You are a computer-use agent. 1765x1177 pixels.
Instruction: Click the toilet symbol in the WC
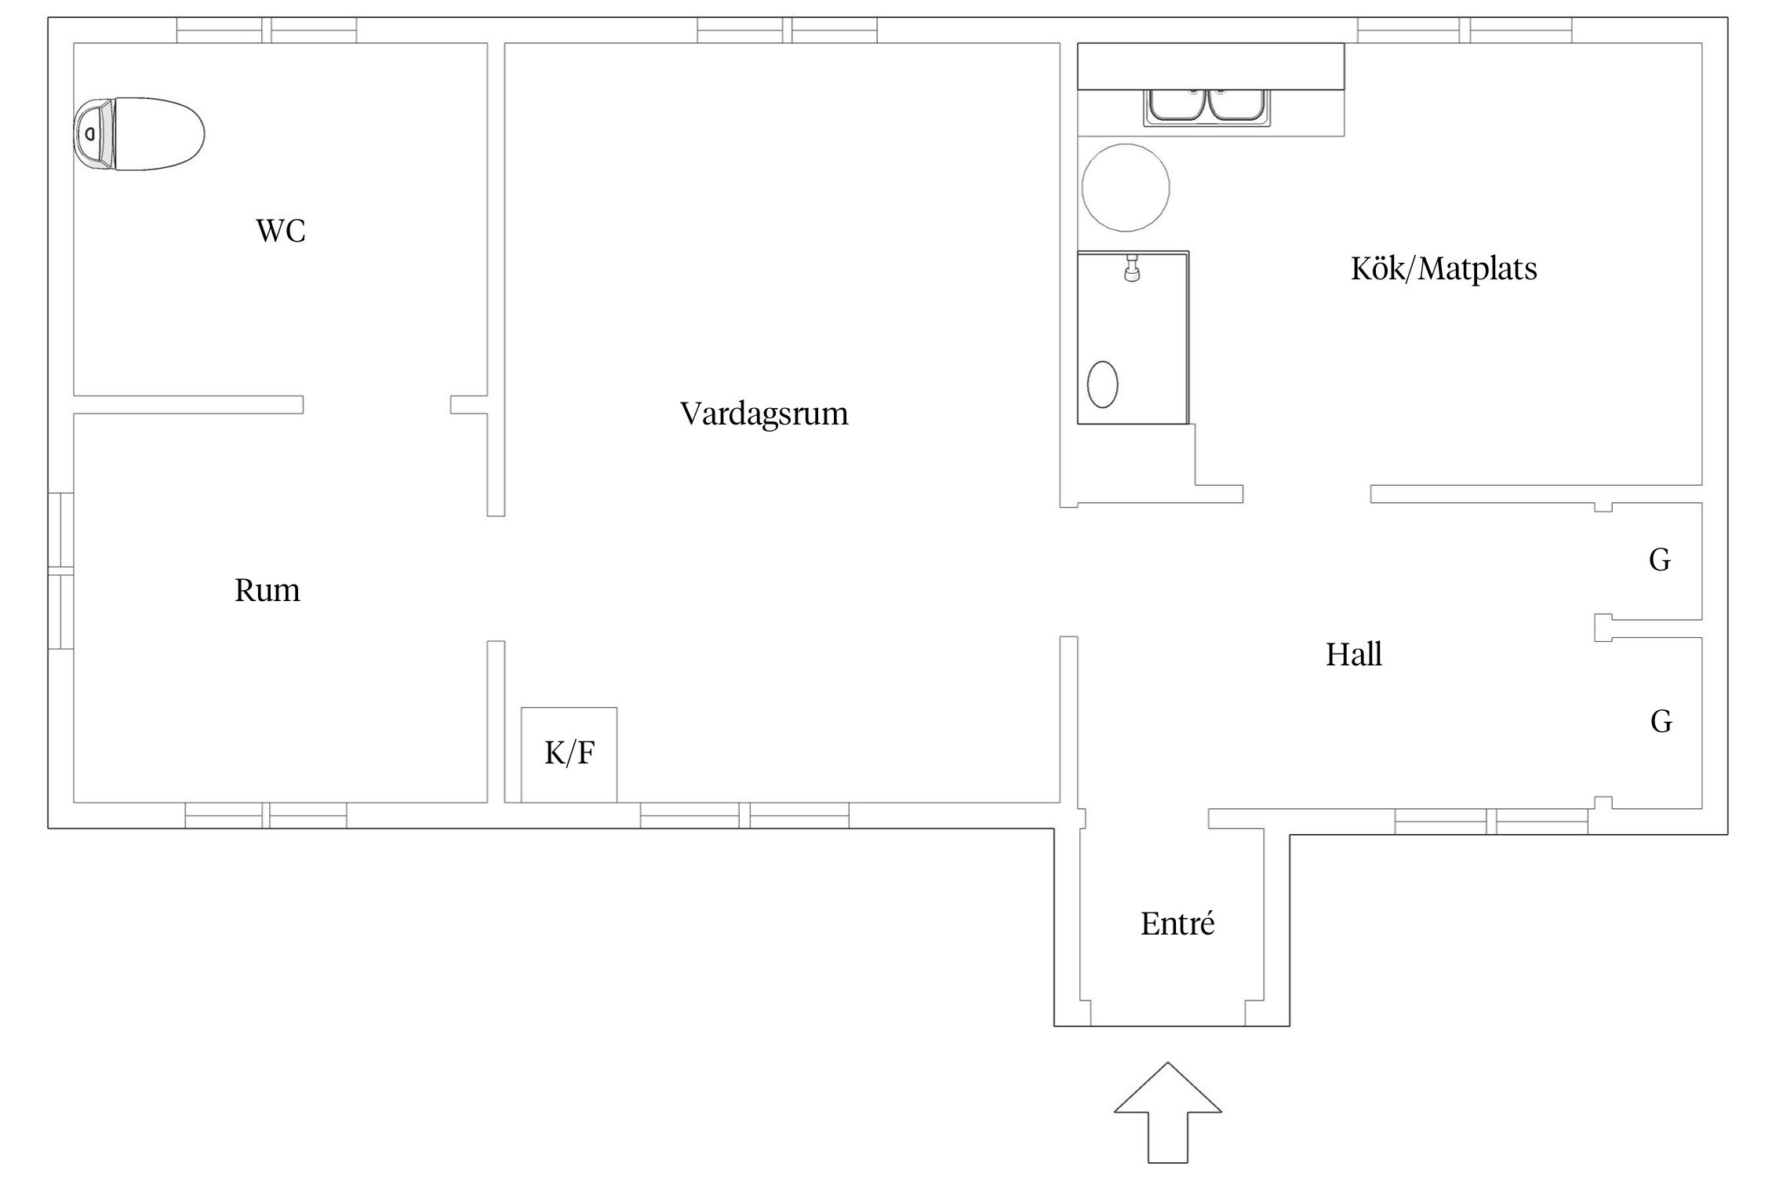pyautogui.click(x=140, y=134)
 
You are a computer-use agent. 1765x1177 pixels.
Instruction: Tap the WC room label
pyautogui.click(x=280, y=231)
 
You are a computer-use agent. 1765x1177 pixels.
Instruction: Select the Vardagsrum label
pyautogui.click(x=763, y=414)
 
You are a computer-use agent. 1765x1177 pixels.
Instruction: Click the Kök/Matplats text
pyautogui.click(x=1443, y=269)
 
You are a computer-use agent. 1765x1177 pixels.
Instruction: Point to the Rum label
pyautogui.click(x=267, y=590)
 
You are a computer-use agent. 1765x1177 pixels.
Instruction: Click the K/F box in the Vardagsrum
pyautogui.click(x=570, y=754)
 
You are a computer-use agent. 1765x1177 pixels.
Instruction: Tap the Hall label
pyautogui.click(x=1353, y=654)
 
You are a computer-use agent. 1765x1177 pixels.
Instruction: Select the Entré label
pyautogui.click(x=1177, y=924)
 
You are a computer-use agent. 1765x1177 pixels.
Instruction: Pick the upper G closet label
pyautogui.click(x=1659, y=560)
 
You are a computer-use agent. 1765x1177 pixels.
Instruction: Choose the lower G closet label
pyautogui.click(x=1661, y=722)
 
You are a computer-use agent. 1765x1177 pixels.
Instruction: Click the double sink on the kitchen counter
pyautogui.click(x=1209, y=107)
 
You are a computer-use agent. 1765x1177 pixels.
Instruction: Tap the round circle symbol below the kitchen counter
pyautogui.click(x=1125, y=188)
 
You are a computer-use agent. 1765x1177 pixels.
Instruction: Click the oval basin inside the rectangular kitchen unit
pyautogui.click(x=1102, y=384)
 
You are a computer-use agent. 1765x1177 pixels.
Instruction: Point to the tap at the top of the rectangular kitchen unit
pyautogui.click(x=1131, y=268)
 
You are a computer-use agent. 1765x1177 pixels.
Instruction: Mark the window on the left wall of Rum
pyautogui.click(x=60, y=570)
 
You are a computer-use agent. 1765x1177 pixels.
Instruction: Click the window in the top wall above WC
pyautogui.click(x=266, y=30)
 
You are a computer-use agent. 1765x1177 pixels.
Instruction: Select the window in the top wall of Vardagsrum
pyautogui.click(x=787, y=30)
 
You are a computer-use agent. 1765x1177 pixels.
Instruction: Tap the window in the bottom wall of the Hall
pyautogui.click(x=1490, y=822)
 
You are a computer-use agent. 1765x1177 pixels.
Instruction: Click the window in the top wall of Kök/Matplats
pyautogui.click(x=1464, y=30)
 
